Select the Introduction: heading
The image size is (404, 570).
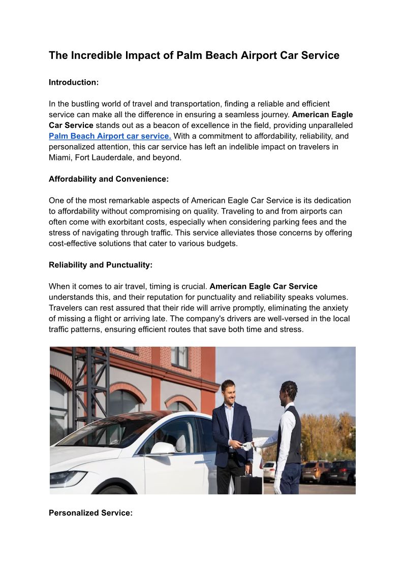click(x=74, y=82)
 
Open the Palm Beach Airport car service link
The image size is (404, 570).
click(x=110, y=136)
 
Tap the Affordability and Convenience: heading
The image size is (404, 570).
click(x=108, y=179)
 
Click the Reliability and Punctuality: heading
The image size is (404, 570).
click(x=101, y=265)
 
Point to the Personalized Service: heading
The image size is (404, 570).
click(x=90, y=513)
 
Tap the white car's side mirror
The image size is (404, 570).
click(x=163, y=448)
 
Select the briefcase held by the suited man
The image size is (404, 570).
click(x=248, y=484)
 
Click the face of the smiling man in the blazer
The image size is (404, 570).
click(x=228, y=392)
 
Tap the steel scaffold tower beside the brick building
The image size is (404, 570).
click(x=91, y=386)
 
